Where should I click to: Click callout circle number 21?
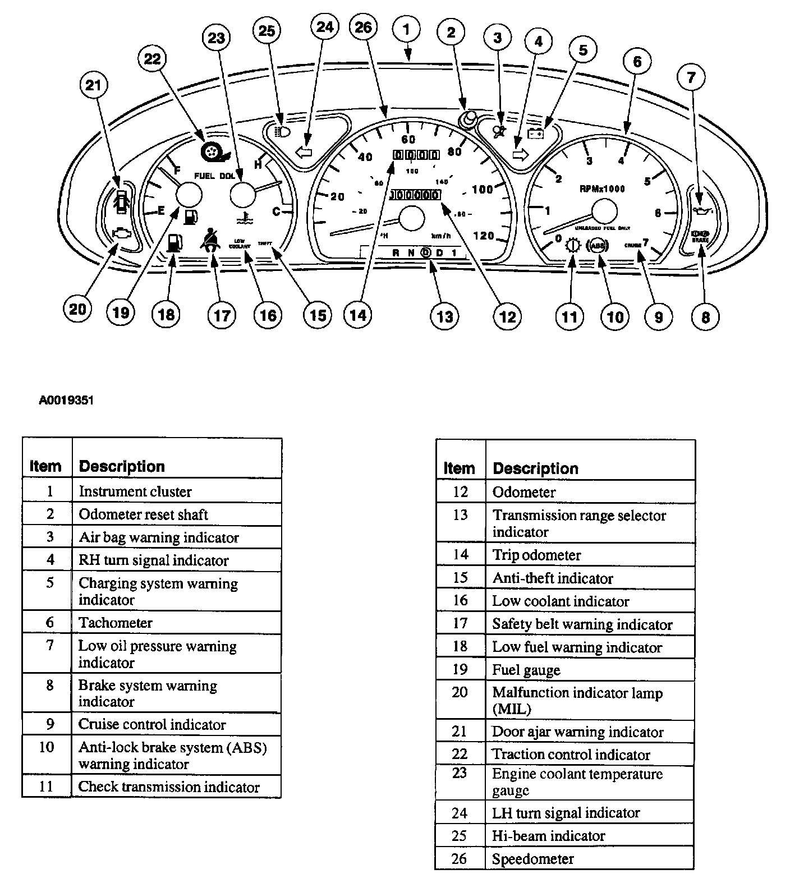pos(94,86)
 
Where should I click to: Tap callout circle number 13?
pos(444,316)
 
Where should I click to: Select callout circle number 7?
pos(691,77)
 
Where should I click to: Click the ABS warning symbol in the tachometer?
pos(596,245)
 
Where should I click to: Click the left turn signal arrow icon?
pos(304,152)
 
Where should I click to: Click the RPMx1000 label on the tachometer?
pos(602,189)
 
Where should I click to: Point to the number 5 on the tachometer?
pos(647,181)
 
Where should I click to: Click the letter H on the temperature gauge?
pos(258,164)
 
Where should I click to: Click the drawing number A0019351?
pos(66,401)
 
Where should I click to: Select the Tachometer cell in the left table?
pos(116,623)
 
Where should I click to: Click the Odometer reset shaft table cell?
pos(144,514)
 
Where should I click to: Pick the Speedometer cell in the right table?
pos(533,859)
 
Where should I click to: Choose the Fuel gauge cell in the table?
pos(526,670)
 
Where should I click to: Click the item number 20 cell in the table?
pos(460,692)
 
